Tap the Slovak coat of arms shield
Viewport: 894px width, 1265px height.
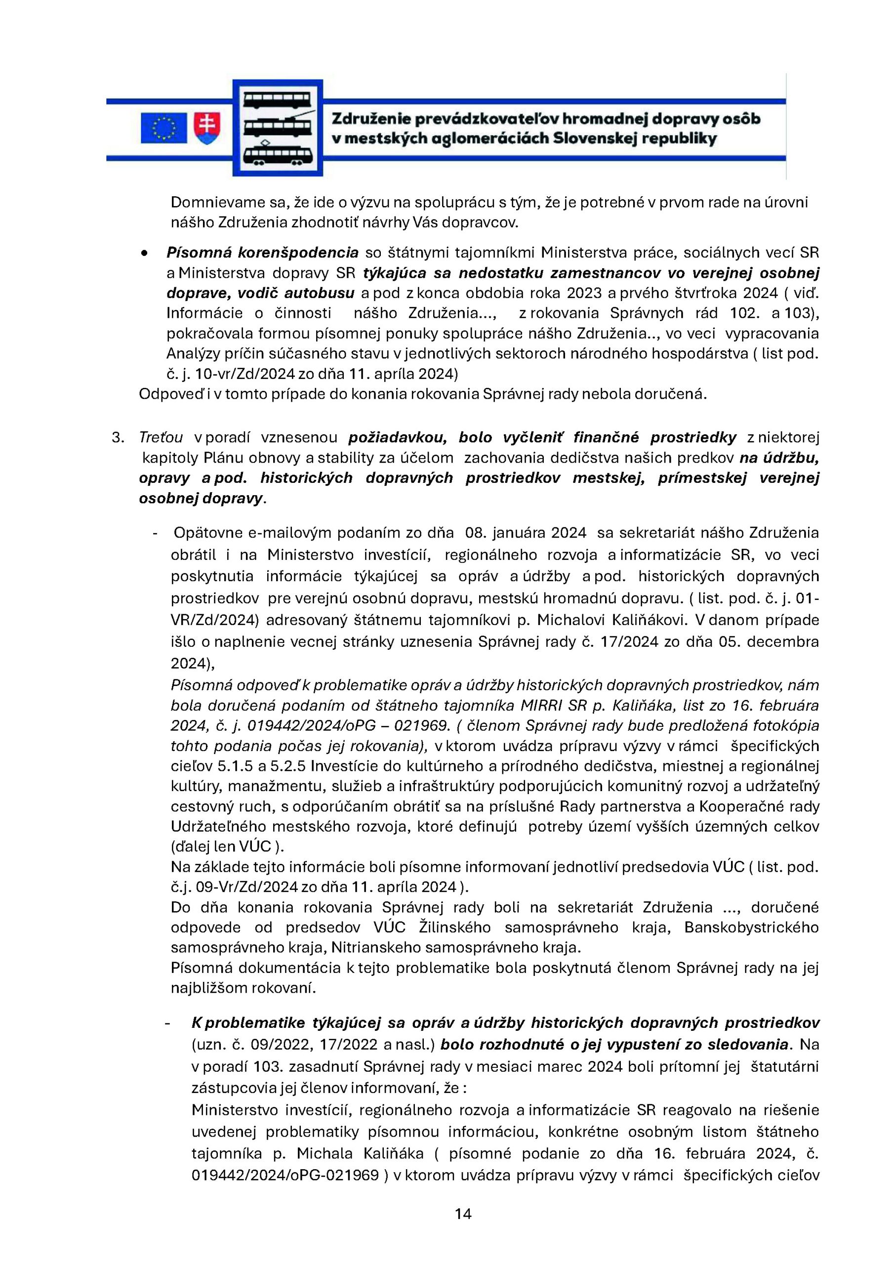(x=207, y=128)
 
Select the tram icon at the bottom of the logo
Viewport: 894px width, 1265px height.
(x=278, y=155)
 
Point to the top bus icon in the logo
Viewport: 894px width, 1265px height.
(x=277, y=100)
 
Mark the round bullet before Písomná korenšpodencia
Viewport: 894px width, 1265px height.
(x=144, y=253)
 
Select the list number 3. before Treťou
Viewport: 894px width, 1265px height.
(x=118, y=437)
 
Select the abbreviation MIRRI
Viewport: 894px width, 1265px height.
(x=539, y=706)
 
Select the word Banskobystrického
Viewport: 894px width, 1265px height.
(x=751, y=928)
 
